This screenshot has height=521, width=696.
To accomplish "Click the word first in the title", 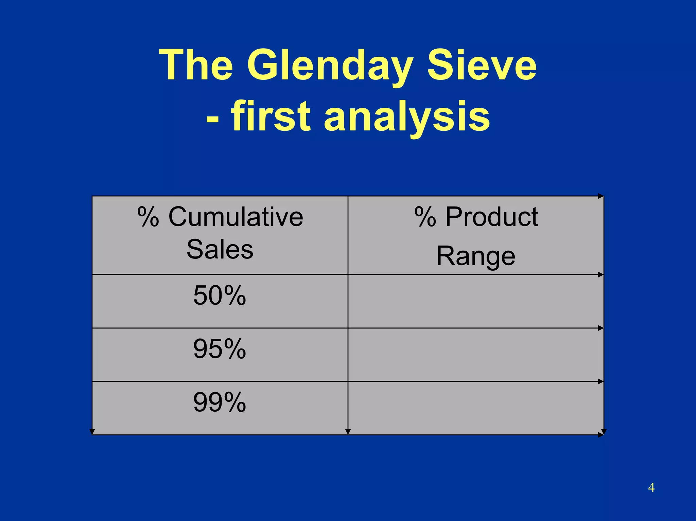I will pyautogui.click(x=271, y=116).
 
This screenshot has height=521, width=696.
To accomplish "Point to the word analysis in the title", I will pyautogui.click(x=407, y=116).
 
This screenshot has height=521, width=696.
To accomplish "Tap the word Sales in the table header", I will pyautogui.click(x=220, y=249).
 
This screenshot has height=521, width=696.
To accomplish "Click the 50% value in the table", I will pyautogui.click(x=220, y=295).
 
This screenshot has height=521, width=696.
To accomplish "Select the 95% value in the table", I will pyautogui.click(x=220, y=349).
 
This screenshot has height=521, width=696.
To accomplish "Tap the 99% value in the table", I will pyautogui.click(x=220, y=402).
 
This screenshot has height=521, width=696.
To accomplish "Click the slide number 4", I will pyautogui.click(x=651, y=487).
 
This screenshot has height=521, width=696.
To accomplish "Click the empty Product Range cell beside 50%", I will pyautogui.click(x=476, y=301).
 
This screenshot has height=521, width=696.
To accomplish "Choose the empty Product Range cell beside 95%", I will pyautogui.click(x=476, y=355).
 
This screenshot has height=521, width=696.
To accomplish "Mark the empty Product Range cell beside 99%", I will pyautogui.click(x=476, y=408).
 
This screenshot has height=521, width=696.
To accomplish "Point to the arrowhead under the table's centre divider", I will pyautogui.click(x=348, y=432).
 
